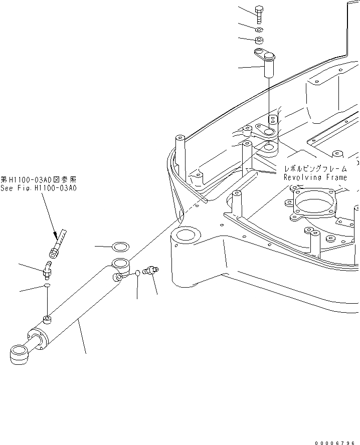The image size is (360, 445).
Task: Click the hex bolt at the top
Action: pyautogui.click(x=259, y=14)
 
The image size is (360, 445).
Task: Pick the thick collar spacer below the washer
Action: pyautogui.click(x=259, y=41)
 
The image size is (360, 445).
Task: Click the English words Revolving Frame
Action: pyautogui.click(x=315, y=177)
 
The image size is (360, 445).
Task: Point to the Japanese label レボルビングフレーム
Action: pyautogui.click(x=315, y=169)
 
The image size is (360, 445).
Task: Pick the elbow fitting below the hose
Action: pyautogui.click(x=47, y=269)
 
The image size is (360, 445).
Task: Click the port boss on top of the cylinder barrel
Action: pyautogui.click(x=47, y=319)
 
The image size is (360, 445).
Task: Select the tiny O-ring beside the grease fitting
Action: pyautogui.click(x=137, y=273)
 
